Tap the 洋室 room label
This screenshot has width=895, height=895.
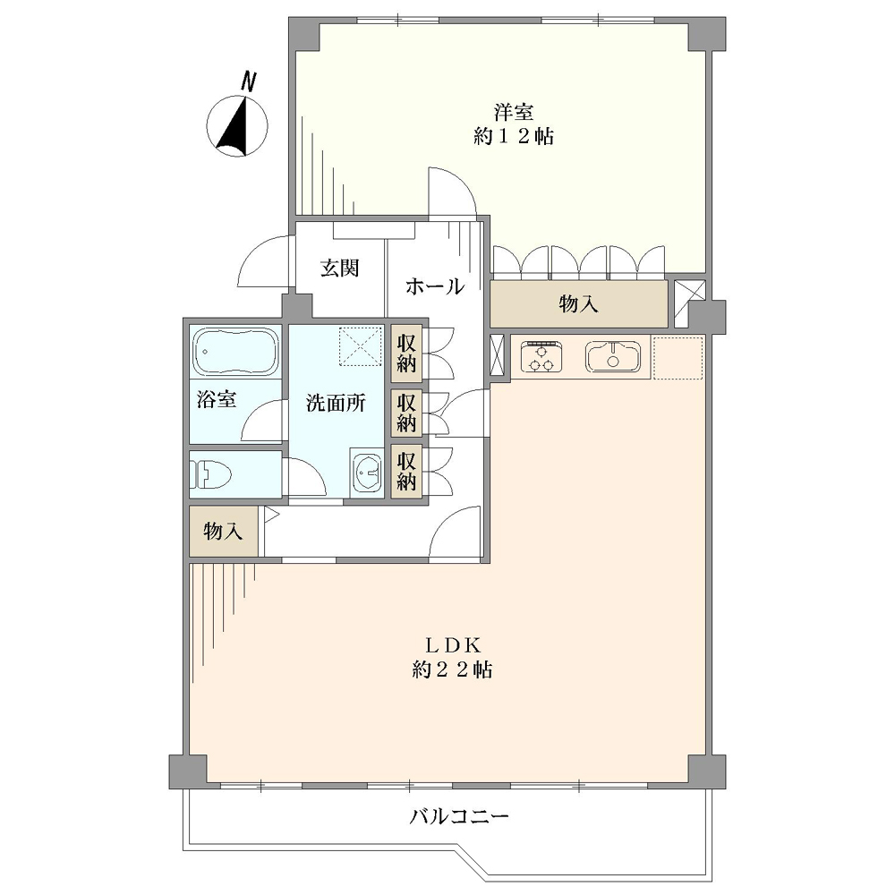[514, 112]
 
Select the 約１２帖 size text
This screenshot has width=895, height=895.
[514, 136]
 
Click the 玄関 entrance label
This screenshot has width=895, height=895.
[339, 268]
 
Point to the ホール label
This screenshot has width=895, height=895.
[435, 286]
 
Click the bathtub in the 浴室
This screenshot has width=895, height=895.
[235, 350]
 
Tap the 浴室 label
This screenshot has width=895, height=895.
[217, 399]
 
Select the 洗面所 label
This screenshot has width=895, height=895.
[336, 403]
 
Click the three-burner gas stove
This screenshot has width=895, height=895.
[541, 356]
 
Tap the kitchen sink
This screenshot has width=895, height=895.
[612, 356]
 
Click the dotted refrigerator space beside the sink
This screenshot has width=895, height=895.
[678, 358]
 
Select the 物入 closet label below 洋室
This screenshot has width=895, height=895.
[578, 304]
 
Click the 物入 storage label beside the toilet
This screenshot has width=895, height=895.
[223, 532]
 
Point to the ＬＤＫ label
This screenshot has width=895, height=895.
[453, 645]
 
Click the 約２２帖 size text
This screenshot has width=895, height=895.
[453, 669]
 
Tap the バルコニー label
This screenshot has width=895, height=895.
[459, 817]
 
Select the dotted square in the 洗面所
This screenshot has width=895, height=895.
[361, 345]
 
